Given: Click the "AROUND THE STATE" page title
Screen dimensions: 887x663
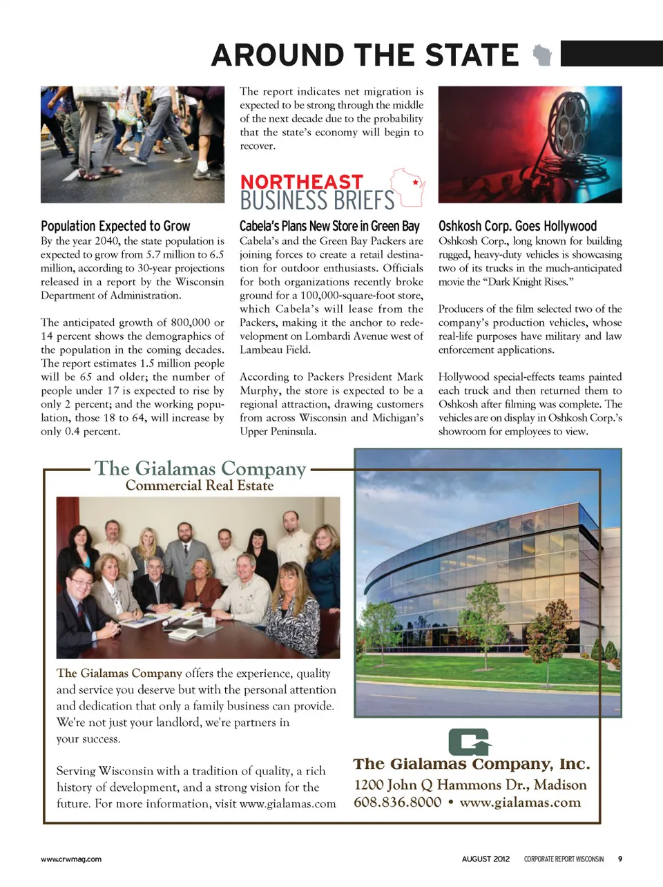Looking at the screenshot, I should (x=365, y=55).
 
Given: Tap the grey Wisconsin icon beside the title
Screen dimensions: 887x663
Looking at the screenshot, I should (x=543, y=55).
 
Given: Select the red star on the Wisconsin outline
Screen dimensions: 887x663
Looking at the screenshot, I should (x=415, y=183).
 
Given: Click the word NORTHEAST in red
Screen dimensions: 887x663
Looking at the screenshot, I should (x=302, y=182).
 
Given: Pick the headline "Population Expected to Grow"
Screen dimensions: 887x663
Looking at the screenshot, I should (x=115, y=226).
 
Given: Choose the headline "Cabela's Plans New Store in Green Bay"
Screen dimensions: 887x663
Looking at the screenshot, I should (x=329, y=226).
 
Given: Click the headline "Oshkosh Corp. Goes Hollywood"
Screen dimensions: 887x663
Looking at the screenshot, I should (x=517, y=226).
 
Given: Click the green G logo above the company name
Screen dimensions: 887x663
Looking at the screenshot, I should (x=470, y=742).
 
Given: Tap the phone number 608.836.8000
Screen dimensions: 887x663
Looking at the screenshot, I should (x=397, y=802).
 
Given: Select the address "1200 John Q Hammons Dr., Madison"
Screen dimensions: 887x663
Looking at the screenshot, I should (x=470, y=785).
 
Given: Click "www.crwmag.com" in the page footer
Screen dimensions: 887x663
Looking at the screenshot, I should (x=71, y=859).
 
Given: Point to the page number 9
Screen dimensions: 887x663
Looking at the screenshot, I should (x=619, y=859).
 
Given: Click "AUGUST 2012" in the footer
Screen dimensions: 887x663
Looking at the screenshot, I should (x=486, y=859).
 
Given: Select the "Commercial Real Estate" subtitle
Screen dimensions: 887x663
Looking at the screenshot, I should (x=200, y=486).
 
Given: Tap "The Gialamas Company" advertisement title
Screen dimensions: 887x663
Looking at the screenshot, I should (x=200, y=468).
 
